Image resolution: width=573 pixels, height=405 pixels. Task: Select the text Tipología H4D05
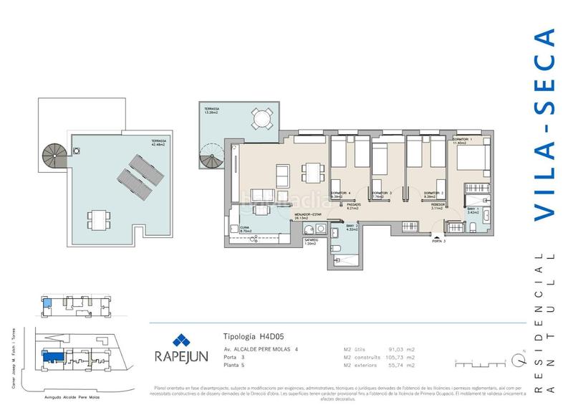[249, 336]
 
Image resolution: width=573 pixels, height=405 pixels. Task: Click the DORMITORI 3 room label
[382, 194]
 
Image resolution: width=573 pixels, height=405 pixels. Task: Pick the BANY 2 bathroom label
[351, 227]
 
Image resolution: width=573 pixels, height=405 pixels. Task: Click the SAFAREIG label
[311, 241]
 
